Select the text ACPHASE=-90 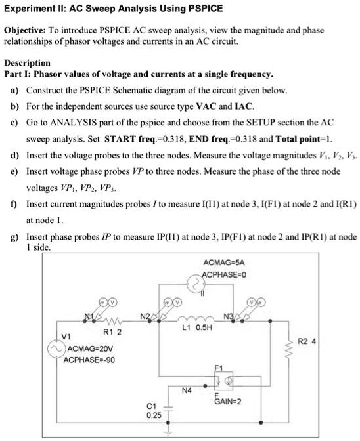pyautogui.click(x=85, y=361)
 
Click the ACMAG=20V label pyautogui.click(x=89, y=350)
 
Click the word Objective pyautogui.click(x=24, y=31)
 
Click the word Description pyautogui.click(x=28, y=62)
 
